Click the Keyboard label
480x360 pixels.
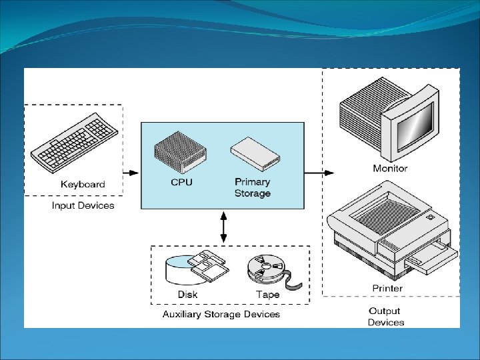[x=83, y=184]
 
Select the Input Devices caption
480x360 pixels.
[x=83, y=205]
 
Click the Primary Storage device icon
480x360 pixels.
[x=254, y=154]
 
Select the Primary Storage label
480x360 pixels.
[x=252, y=187]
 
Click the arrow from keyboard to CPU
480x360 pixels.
[x=131, y=173]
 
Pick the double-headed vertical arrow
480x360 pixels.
[x=223, y=227]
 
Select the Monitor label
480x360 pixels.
[x=390, y=169]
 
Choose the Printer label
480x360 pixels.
[x=387, y=288]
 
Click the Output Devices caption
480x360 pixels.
[x=385, y=317]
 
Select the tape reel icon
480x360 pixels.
[x=265, y=269]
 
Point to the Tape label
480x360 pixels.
[x=267, y=295]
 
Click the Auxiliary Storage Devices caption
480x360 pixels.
[x=221, y=314]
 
